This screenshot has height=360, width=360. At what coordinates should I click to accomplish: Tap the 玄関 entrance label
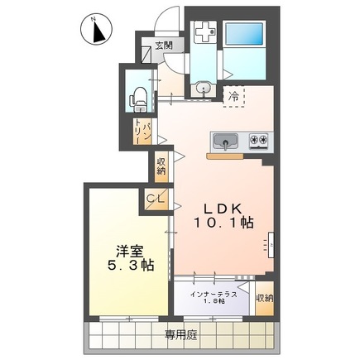[x=163, y=46]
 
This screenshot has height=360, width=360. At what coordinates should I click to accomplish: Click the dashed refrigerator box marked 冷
[x=234, y=97]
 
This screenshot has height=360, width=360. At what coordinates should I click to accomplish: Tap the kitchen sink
[x=225, y=141]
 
